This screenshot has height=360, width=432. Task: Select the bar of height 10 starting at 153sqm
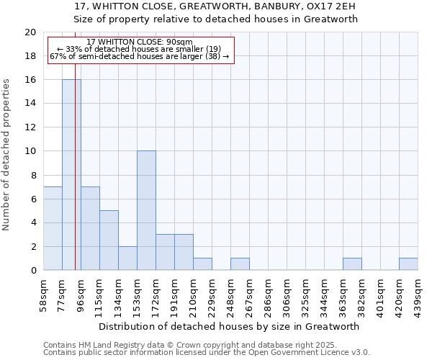click(x=146, y=211)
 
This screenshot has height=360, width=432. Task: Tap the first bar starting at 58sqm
click(x=53, y=228)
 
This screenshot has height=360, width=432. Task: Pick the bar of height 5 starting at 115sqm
click(x=109, y=240)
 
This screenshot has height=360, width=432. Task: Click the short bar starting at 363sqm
click(x=352, y=264)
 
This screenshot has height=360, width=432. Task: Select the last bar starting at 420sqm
click(x=408, y=264)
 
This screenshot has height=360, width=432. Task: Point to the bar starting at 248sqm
click(x=240, y=264)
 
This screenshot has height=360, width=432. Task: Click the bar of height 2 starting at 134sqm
click(x=127, y=258)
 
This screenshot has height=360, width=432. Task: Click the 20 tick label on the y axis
click(x=30, y=32)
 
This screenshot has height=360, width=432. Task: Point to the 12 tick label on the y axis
click(x=30, y=127)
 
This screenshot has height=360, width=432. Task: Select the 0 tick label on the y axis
click(x=32, y=271)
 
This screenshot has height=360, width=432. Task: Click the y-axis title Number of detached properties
click(x=6, y=155)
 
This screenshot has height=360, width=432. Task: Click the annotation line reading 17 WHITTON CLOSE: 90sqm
click(x=140, y=42)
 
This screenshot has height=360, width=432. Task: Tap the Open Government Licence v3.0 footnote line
click(x=207, y=352)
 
